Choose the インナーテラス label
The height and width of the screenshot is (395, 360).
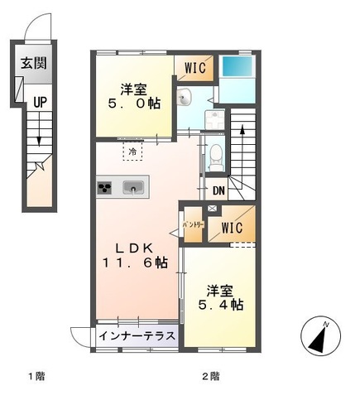point(137,336)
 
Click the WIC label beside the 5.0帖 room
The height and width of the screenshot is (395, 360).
point(196,67)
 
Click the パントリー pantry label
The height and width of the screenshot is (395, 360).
point(191,225)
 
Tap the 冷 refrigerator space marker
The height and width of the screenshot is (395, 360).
point(132,152)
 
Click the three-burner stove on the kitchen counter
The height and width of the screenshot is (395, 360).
point(106,187)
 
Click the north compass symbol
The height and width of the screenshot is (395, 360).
point(321,336)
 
